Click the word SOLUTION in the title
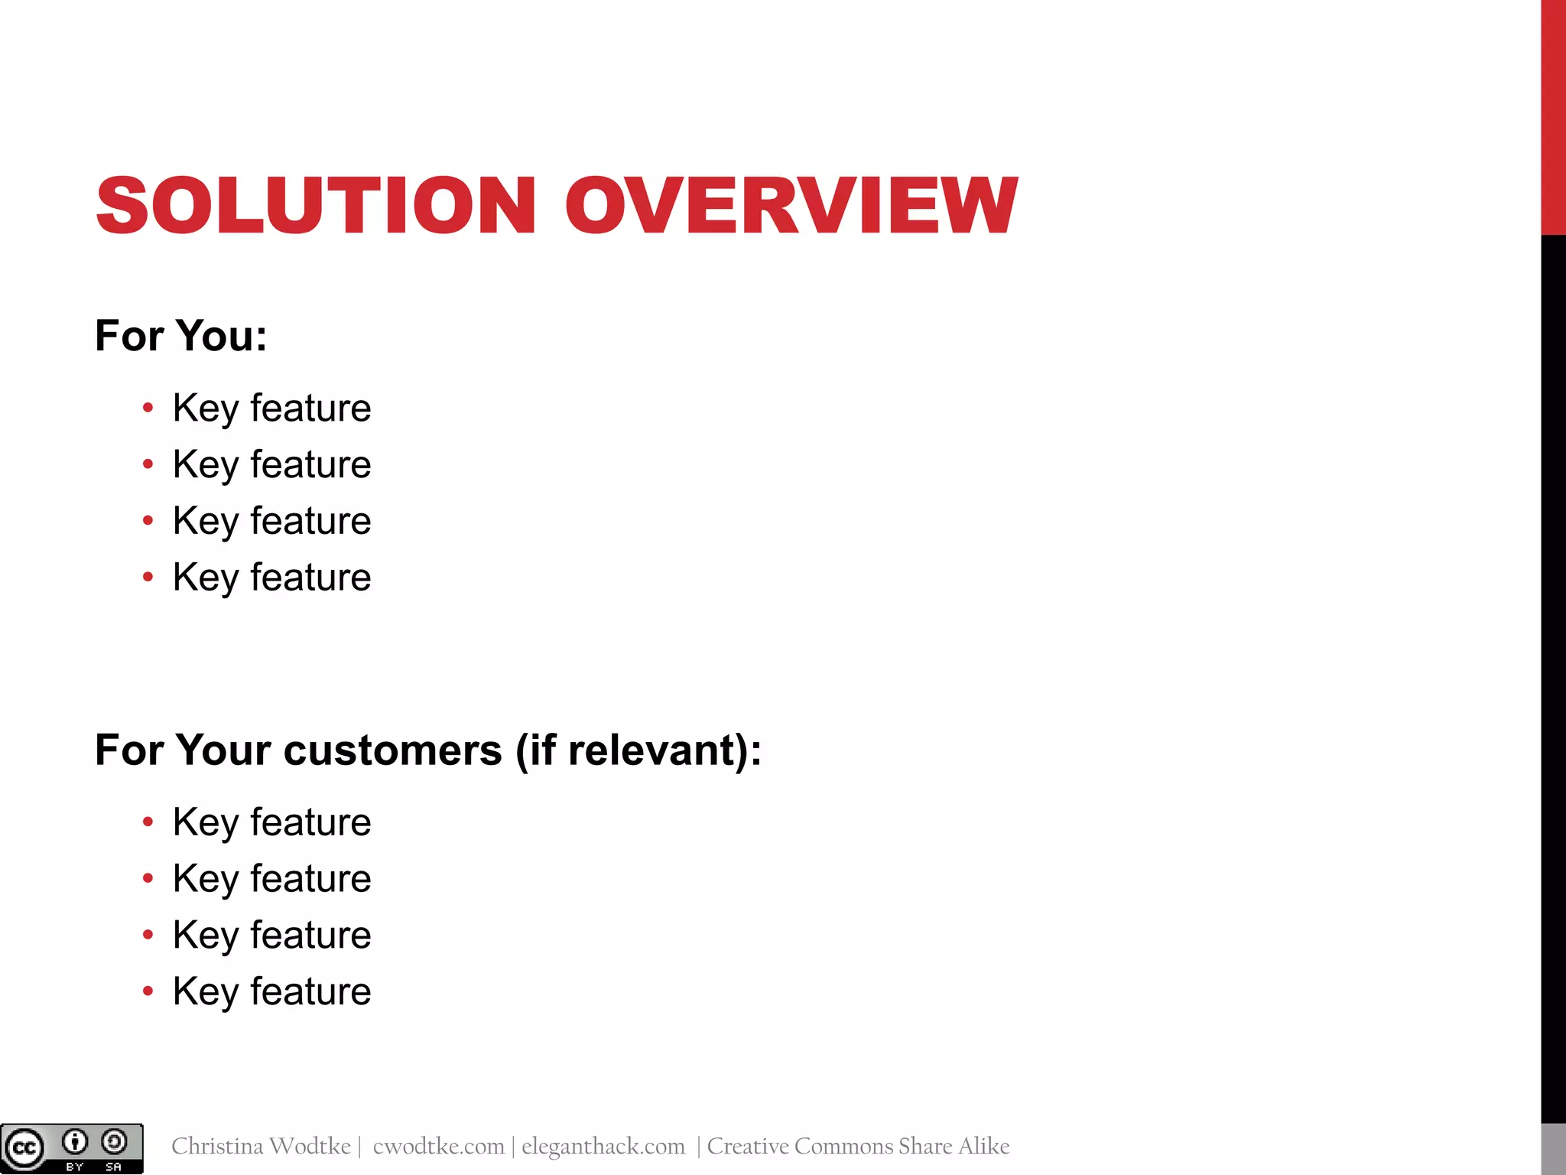point(316,205)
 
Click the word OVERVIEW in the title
point(791,205)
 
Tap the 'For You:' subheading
point(181,336)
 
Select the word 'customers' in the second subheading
point(392,750)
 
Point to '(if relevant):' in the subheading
point(638,750)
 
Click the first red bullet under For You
point(148,408)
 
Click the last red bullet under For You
point(148,577)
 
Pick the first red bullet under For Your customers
point(148,822)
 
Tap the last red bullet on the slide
point(148,991)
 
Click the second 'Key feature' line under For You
point(271,464)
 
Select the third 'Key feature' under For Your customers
point(271,935)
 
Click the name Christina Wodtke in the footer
point(261,1146)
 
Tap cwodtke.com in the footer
point(438,1146)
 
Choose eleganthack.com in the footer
point(603,1146)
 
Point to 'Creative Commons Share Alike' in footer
point(858,1146)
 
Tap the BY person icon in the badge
point(74,1142)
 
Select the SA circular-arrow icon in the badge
point(114,1142)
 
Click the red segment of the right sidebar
point(1553,115)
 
